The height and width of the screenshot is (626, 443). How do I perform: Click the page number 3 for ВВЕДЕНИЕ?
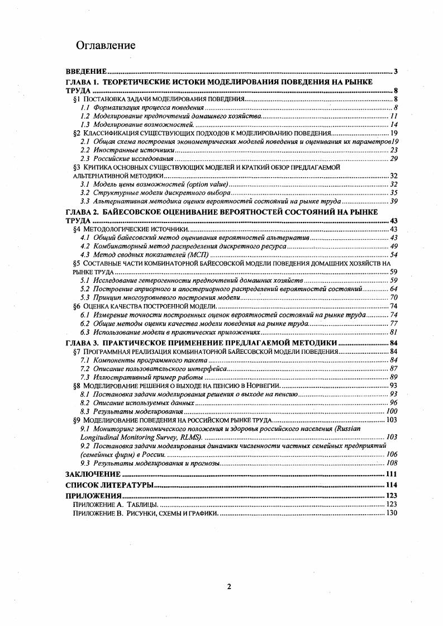pos(395,72)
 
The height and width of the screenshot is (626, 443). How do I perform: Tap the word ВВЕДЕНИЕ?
pos(86,72)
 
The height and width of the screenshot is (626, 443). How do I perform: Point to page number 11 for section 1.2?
pos(393,116)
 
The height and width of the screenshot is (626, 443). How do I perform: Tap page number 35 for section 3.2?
pos(393,192)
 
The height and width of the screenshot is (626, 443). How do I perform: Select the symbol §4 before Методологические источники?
pos(77,229)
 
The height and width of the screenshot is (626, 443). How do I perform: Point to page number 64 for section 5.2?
pos(393,288)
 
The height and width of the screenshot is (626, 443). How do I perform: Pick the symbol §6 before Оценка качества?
pos(77,306)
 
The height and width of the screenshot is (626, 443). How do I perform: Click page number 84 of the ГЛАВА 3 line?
pos(393,343)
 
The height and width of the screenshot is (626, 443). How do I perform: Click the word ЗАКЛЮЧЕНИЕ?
pos(92,474)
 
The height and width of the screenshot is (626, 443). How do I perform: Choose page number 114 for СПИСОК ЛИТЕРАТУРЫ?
pos(391,485)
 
